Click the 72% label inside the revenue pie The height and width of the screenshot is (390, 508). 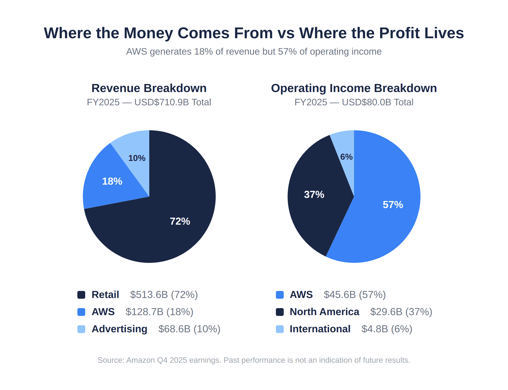click(x=180, y=221)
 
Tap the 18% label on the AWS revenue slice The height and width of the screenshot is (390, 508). click(x=112, y=181)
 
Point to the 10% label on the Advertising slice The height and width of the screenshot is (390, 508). click(x=137, y=158)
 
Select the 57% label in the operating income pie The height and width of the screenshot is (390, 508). click(x=393, y=205)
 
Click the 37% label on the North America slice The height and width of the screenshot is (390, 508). click(x=314, y=194)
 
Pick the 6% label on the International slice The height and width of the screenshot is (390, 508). click(x=346, y=157)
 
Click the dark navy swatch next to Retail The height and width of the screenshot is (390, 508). click(x=81, y=295)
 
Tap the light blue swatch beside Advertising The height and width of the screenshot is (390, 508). click(x=81, y=329)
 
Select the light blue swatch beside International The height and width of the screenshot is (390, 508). click(x=280, y=329)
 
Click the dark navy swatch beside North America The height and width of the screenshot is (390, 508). click(x=280, y=312)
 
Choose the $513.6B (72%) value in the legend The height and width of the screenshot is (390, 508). click(x=164, y=295)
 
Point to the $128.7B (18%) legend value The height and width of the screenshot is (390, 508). click(x=159, y=312)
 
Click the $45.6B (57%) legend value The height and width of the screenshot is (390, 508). click(x=355, y=295)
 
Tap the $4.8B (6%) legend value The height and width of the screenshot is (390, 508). click(x=387, y=329)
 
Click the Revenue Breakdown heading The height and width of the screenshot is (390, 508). click(x=149, y=88)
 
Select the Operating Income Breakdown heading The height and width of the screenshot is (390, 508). click(x=354, y=88)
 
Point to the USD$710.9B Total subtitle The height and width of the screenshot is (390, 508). click(x=172, y=102)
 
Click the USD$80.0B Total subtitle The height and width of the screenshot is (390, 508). click(x=377, y=102)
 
